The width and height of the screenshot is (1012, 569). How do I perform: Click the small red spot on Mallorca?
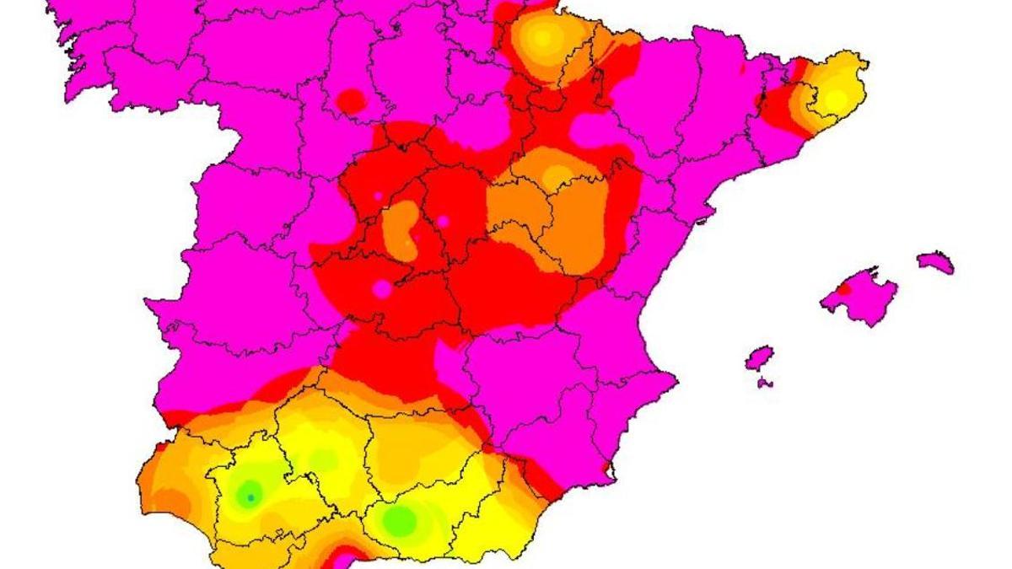(843, 288)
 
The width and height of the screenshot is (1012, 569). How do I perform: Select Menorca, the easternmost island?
(936, 262)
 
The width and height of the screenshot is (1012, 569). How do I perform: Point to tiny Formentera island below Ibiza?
(764, 384)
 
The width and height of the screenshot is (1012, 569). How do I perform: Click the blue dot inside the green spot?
(250, 497)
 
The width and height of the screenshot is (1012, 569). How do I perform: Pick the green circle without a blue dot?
(400, 521)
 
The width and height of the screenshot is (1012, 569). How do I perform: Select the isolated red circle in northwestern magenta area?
(352, 102)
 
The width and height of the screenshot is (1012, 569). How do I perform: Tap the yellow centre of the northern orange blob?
(542, 37)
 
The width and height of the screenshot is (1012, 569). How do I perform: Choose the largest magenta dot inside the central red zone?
(382, 289)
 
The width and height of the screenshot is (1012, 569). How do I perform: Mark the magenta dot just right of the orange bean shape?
(443, 222)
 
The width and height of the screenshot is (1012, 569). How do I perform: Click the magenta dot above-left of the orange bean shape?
(379, 196)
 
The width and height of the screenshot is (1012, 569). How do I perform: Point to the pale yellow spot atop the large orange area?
(557, 176)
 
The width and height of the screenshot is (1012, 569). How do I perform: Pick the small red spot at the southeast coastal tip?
(606, 466)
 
